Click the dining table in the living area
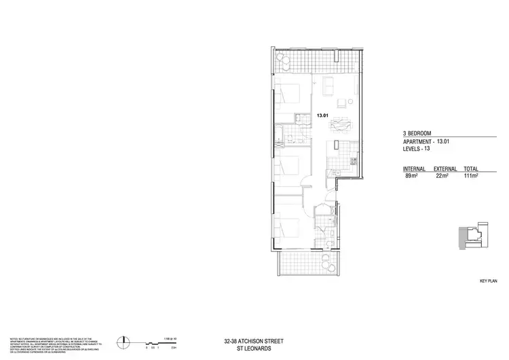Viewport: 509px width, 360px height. pyautogui.click(x=340, y=124)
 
